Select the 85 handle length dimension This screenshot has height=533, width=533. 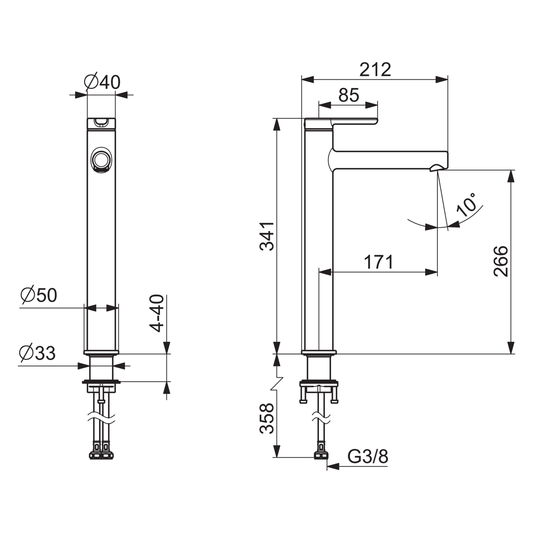tap(349, 95)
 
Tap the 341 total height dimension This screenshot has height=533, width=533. tap(267, 236)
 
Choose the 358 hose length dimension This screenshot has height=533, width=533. tap(267, 419)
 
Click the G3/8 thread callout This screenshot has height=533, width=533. tap(368, 457)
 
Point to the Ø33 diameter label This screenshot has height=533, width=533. tap(37, 353)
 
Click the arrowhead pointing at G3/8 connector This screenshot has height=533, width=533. tap(333, 466)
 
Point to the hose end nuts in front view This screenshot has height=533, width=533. tap(101, 455)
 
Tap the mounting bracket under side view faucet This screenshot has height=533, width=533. tap(319, 389)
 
